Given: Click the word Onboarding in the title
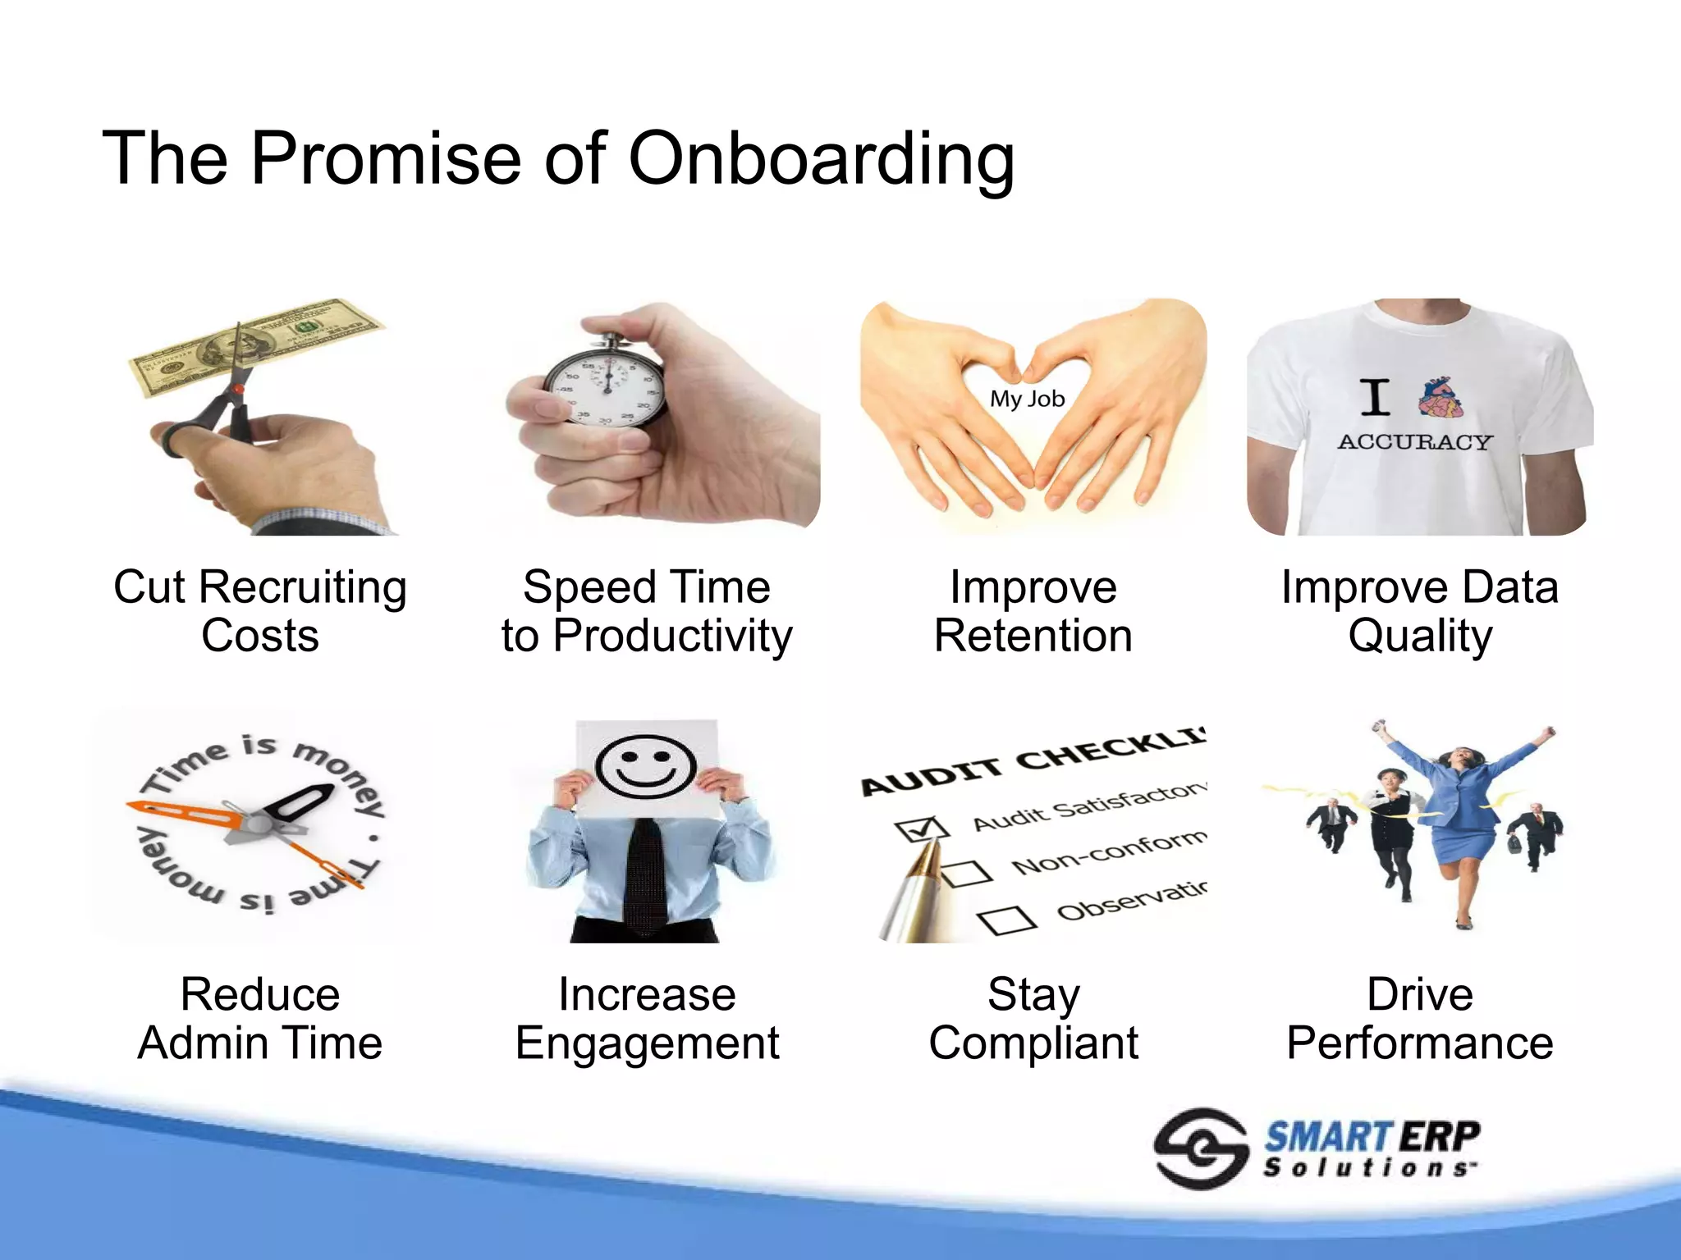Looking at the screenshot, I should pyautogui.click(x=821, y=158).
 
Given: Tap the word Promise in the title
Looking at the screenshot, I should pyautogui.click(x=386, y=158).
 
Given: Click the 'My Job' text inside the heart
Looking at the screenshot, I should pyautogui.click(x=1027, y=399).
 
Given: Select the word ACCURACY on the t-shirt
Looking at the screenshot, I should pyautogui.click(x=1413, y=442).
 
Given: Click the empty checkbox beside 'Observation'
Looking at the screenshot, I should pyautogui.click(x=1007, y=920).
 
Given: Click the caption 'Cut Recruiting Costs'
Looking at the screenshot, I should pyautogui.click(x=260, y=611).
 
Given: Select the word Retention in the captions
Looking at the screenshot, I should pyautogui.click(x=1033, y=636).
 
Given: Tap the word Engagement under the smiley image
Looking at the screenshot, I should pyautogui.click(x=647, y=1043).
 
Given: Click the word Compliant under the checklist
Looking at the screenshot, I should pyautogui.click(x=1033, y=1043).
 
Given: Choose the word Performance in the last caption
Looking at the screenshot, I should pyautogui.click(x=1419, y=1043).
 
